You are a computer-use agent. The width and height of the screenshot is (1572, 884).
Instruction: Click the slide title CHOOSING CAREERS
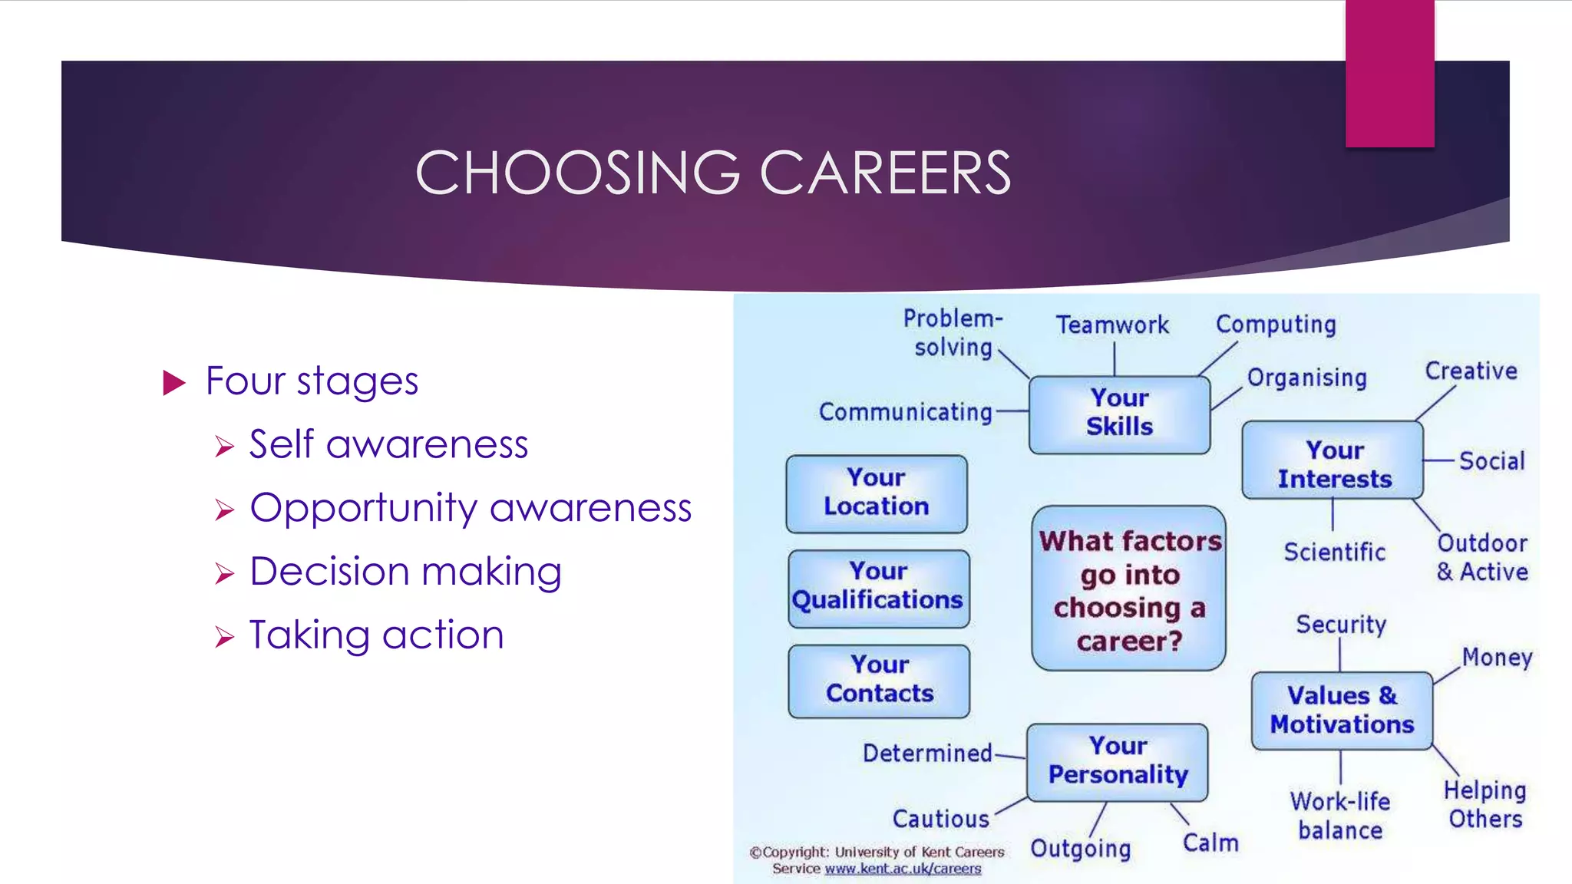pyautogui.click(x=713, y=173)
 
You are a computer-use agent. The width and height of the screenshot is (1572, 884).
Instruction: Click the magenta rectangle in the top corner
pyautogui.click(x=1389, y=73)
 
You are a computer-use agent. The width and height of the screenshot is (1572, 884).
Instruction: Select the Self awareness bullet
pyautogui.click(x=388, y=444)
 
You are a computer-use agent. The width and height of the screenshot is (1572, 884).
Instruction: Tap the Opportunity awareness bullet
pyautogui.click(x=471, y=508)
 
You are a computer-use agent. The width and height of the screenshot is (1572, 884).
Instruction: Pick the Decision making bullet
pyautogui.click(x=405, y=572)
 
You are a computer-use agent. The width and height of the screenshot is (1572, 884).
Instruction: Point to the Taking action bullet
pyautogui.click(x=376, y=635)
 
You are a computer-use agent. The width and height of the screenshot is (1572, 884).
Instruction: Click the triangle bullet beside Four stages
pyautogui.click(x=175, y=382)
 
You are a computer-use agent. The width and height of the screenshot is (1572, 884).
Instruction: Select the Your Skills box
pyautogui.click(x=1119, y=414)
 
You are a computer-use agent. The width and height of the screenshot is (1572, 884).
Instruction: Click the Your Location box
pyautogui.click(x=877, y=493)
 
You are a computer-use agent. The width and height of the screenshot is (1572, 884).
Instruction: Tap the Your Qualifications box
pyautogui.click(x=878, y=587)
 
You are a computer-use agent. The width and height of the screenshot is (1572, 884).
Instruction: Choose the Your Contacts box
pyautogui.click(x=879, y=681)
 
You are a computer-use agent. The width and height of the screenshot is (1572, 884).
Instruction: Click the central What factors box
pyautogui.click(x=1129, y=589)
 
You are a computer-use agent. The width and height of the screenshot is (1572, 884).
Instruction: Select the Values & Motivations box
pyautogui.click(x=1341, y=711)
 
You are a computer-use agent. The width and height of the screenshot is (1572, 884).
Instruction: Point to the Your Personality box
pyautogui.click(x=1118, y=761)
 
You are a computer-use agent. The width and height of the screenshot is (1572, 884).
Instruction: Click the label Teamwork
pyautogui.click(x=1112, y=325)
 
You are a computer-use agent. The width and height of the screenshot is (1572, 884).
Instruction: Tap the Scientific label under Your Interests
pyautogui.click(x=1334, y=552)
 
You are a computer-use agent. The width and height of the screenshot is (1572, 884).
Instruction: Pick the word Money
pyautogui.click(x=1497, y=658)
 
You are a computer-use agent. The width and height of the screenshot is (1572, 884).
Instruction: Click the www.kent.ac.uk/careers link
pyautogui.click(x=903, y=869)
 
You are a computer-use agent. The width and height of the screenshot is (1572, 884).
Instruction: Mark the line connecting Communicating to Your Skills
pyautogui.click(x=1012, y=411)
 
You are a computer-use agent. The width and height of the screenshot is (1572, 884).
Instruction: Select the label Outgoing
pyautogui.click(x=1080, y=848)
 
